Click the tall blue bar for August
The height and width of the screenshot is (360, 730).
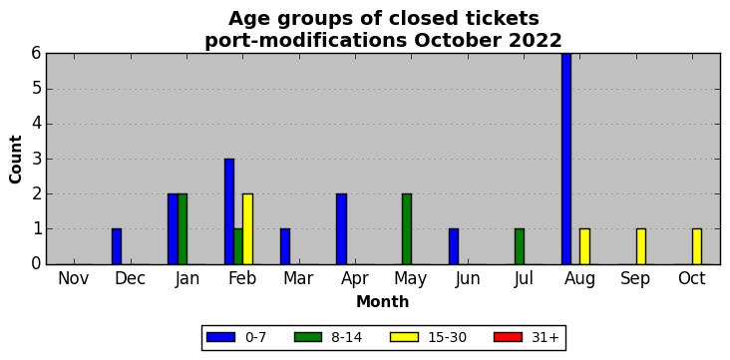(x=566, y=159)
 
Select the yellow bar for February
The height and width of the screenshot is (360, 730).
(x=247, y=229)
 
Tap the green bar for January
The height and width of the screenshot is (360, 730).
(x=182, y=229)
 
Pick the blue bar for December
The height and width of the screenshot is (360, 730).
(x=117, y=246)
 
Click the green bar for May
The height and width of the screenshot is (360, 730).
(x=407, y=229)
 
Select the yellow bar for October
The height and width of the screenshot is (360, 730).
(x=697, y=246)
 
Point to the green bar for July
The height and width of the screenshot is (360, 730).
(x=520, y=246)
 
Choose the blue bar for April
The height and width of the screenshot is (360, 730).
(x=341, y=229)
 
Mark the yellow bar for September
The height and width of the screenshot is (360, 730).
(x=641, y=246)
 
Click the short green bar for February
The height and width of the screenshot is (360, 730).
(x=238, y=246)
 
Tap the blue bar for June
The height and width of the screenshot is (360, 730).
(x=454, y=246)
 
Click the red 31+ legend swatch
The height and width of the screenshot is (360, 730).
(x=508, y=337)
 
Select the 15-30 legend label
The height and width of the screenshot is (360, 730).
(x=447, y=337)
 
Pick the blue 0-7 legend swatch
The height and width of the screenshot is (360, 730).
(x=220, y=337)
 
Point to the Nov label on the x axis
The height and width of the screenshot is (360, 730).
(x=74, y=278)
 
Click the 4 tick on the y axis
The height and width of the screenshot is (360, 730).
(x=36, y=124)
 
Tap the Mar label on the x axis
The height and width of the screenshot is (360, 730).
(x=298, y=278)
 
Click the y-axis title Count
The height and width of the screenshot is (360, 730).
(x=15, y=160)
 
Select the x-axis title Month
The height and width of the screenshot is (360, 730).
(x=383, y=302)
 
